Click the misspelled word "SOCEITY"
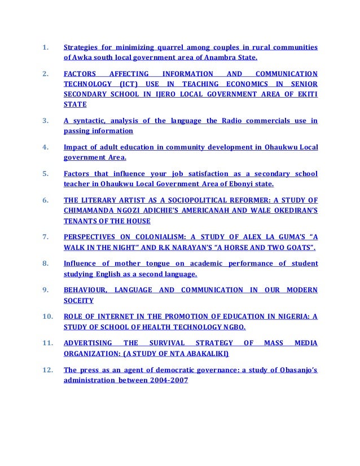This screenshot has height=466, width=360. tap(78, 301)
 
